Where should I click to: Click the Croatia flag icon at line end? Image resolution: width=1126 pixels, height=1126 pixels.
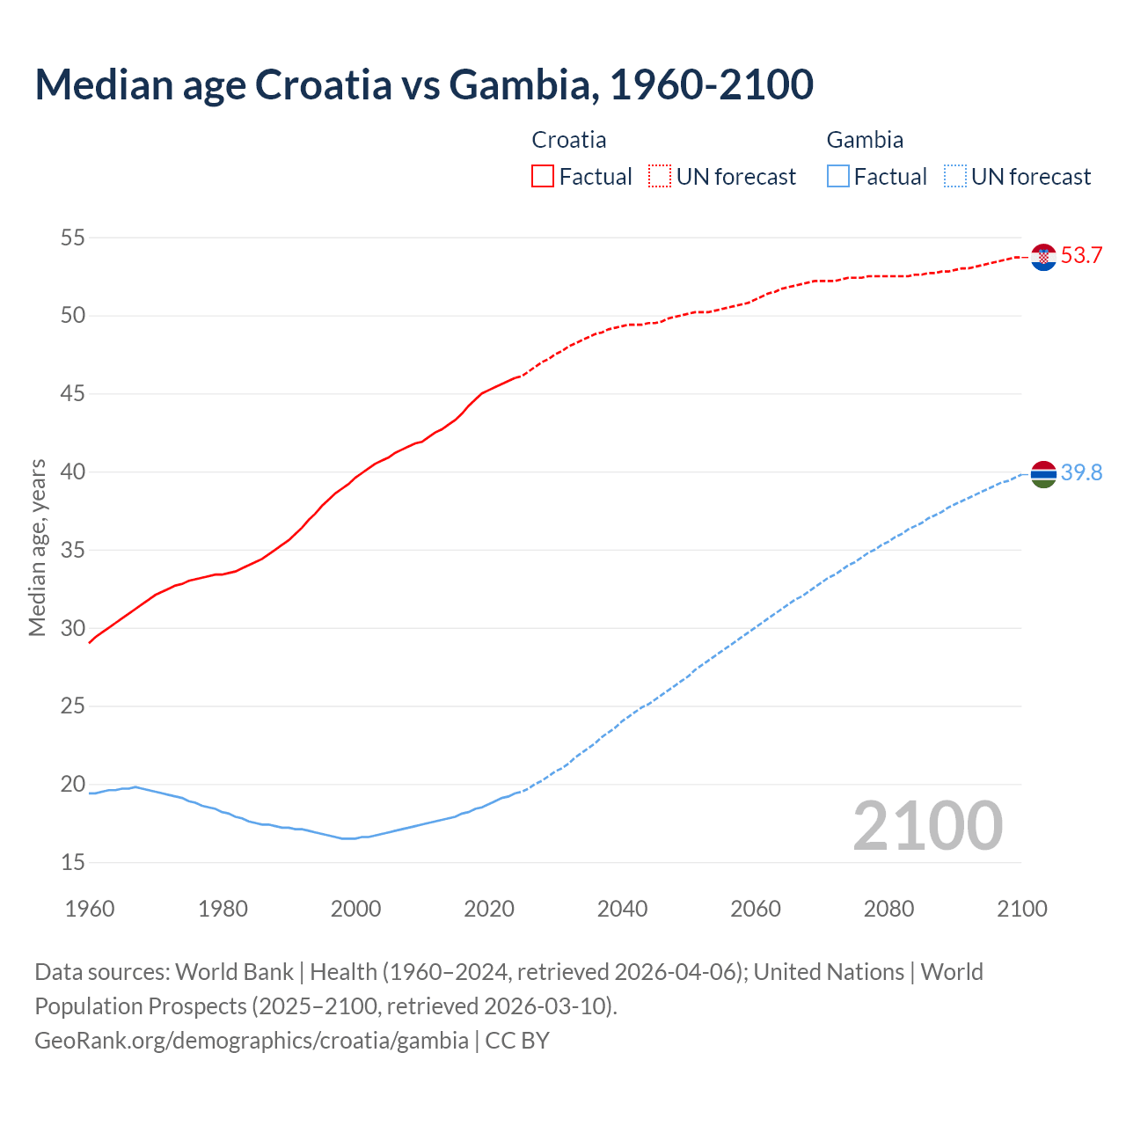click(x=1043, y=257)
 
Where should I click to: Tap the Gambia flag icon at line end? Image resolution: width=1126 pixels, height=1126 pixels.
click(x=1043, y=474)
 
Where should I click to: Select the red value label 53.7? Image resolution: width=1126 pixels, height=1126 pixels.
click(x=1081, y=256)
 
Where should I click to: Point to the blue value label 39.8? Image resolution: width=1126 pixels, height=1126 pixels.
click(x=1081, y=473)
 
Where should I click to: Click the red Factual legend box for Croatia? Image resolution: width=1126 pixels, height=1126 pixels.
click(x=543, y=177)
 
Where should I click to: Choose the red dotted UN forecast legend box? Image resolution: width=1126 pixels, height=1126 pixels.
click(x=660, y=177)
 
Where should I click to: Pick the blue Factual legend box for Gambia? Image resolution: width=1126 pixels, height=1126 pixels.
click(x=838, y=177)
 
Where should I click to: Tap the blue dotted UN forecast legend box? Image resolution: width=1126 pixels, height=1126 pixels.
click(x=954, y=177)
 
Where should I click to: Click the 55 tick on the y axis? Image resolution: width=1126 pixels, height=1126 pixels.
click(x=73, y=238)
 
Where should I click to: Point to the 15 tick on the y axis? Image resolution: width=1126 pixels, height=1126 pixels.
click(x=73, y=863)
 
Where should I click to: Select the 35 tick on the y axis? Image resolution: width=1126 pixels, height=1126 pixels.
click(x=73, y=551)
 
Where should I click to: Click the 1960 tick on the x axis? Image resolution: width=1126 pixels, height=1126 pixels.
click(x=90, y=909)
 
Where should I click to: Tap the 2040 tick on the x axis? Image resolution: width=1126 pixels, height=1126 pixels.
click(x=622, y=909)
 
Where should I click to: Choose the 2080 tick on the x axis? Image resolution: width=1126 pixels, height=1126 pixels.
click(x=888, y=909)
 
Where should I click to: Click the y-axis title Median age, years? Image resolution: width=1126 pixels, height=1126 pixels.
click(x=37, y=547)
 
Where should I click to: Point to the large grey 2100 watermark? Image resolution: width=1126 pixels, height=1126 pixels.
click(x=927, y=826)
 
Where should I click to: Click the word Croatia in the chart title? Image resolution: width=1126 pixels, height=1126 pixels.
click(x=324, y=84)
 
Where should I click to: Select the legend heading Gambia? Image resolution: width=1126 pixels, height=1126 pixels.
click(x=865, y=140)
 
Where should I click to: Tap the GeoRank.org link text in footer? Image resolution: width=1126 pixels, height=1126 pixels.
click(x=252, y=1041)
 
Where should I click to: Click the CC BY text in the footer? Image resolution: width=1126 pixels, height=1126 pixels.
click(x=517, y=1041)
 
